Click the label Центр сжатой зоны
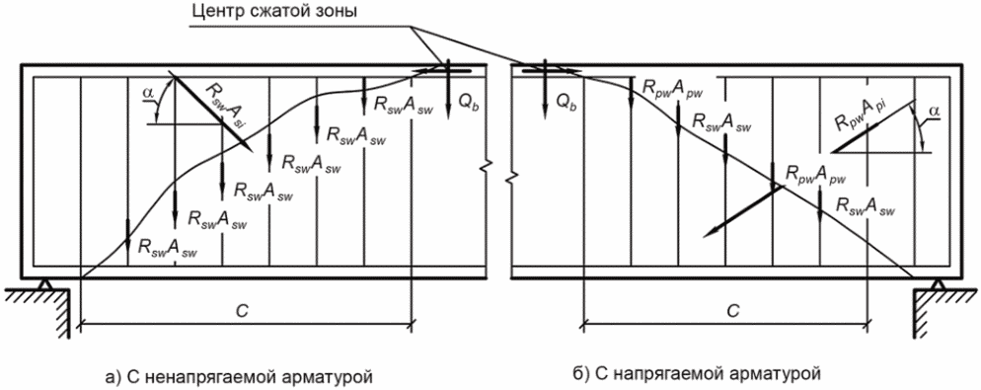pyautogui.click(x=270, y=13)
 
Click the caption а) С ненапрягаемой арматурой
pyautogui.click(x=240, y=377)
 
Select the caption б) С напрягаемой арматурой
pyautogui.click(x=696, y=374)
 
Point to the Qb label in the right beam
pyautogui.click(x=565, y=105)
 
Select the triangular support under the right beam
pyautogui.click(x=938, y=283)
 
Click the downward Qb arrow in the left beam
pyautogui.click(x=448, y=92)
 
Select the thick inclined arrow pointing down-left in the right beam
pyautogui.click(x=741, y=211)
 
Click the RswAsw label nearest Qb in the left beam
pyautogui.click(x=401, y=106)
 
